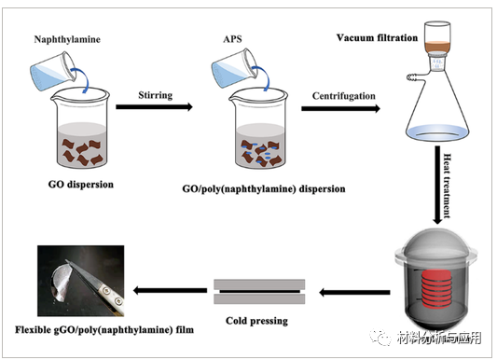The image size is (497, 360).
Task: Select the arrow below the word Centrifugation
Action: [x=341, y=108]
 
